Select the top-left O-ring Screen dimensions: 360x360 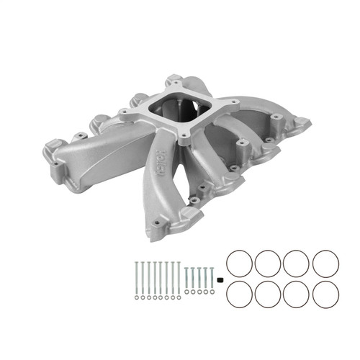click(238, 263)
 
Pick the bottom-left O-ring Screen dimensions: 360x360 click(238, 294)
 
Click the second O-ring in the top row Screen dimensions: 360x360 click(268, 263)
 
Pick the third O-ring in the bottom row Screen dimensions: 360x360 click(297, 294)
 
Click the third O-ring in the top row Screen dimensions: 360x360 click(297, 263)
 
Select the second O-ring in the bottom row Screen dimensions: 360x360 click(268, 294)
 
